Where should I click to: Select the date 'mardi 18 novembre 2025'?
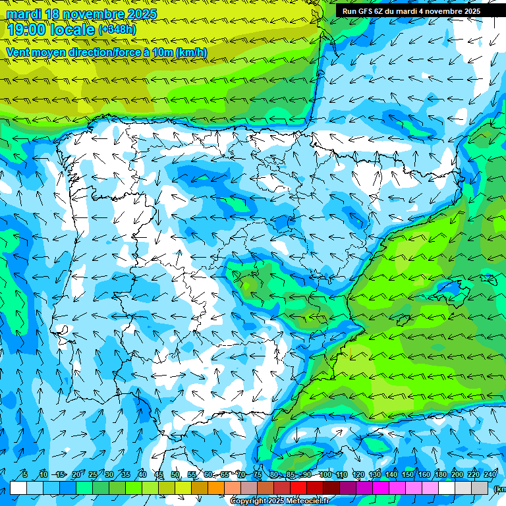point(81,14)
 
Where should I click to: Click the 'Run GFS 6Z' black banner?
point(412,11)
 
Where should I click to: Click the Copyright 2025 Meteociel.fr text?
point(280,501)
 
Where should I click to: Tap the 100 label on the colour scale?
point(325,475)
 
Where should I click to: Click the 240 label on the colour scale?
point(490,475)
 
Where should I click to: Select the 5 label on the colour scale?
point(24,475)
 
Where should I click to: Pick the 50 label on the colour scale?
point(175,475)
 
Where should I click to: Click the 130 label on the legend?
point(374,475)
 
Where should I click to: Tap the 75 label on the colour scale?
point(258,475)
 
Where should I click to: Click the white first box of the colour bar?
point(18,488)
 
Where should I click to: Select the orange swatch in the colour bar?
point(216,488)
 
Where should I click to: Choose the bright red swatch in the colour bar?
point(298,488)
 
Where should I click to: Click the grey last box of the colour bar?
point(480,488)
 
